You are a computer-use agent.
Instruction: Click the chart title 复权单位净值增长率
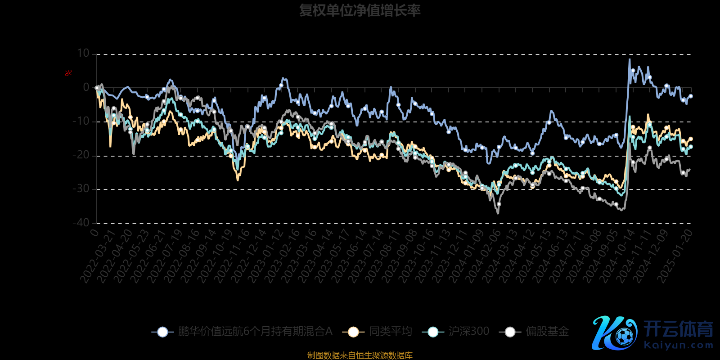(360, 10)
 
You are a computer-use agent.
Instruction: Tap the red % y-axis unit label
(68, 73)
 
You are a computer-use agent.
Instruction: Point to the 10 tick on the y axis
(83, 54)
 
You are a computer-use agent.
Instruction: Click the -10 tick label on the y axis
(81, 121)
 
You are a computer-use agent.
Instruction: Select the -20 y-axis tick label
(81, 155)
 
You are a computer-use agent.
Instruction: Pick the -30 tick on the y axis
(81, 189)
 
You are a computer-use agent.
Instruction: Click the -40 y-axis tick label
(81, 223)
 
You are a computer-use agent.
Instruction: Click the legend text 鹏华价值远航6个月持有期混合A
(255, 332)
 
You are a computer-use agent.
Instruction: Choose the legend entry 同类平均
(391, 332)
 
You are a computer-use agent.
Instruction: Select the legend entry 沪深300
(468, 332)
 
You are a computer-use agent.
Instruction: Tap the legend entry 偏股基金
(547, 332)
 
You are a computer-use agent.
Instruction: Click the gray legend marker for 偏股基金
(510, 332)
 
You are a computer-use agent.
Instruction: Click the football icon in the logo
(624, 336)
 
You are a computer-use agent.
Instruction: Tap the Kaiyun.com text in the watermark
(679, 345)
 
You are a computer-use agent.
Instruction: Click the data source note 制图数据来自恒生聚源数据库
(360, 355)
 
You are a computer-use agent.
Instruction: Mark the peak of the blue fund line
(630, 59)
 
